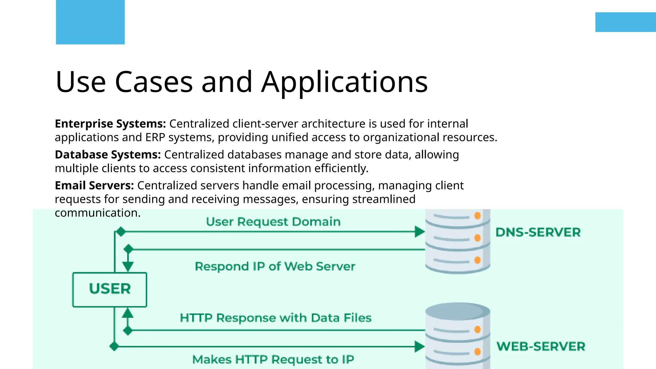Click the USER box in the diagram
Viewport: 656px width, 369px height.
click(110, 289)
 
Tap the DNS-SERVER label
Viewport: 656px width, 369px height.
click(538, 232)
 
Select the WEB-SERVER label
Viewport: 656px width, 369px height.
click(541, 346)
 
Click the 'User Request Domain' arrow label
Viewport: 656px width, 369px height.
click(273, 222)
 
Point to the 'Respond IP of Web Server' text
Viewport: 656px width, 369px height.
click(275, 266)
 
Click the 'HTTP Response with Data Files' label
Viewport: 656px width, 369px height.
click(275, 318)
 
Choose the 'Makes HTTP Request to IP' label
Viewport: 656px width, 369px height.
click(273, 359)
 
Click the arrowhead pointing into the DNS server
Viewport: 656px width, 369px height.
click(419, 232)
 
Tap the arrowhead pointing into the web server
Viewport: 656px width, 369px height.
click(419, 346)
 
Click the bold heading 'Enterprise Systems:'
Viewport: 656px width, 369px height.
click(110, 124)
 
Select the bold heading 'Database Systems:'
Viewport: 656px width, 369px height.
click(108, 155)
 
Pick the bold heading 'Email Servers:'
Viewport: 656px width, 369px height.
click(94, 185)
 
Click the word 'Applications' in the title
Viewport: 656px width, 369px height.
click(344, 82)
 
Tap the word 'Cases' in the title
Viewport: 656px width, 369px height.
click(154, 82)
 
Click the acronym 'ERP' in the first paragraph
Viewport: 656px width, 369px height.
click(155, 137)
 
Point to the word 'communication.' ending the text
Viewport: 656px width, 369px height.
click(98, 213)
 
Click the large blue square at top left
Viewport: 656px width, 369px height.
click(90, 22)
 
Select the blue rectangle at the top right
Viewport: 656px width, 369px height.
click(625, 22)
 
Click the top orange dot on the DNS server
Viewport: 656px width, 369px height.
click(477, 216)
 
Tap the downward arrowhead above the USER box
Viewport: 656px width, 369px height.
click(128, 266)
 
